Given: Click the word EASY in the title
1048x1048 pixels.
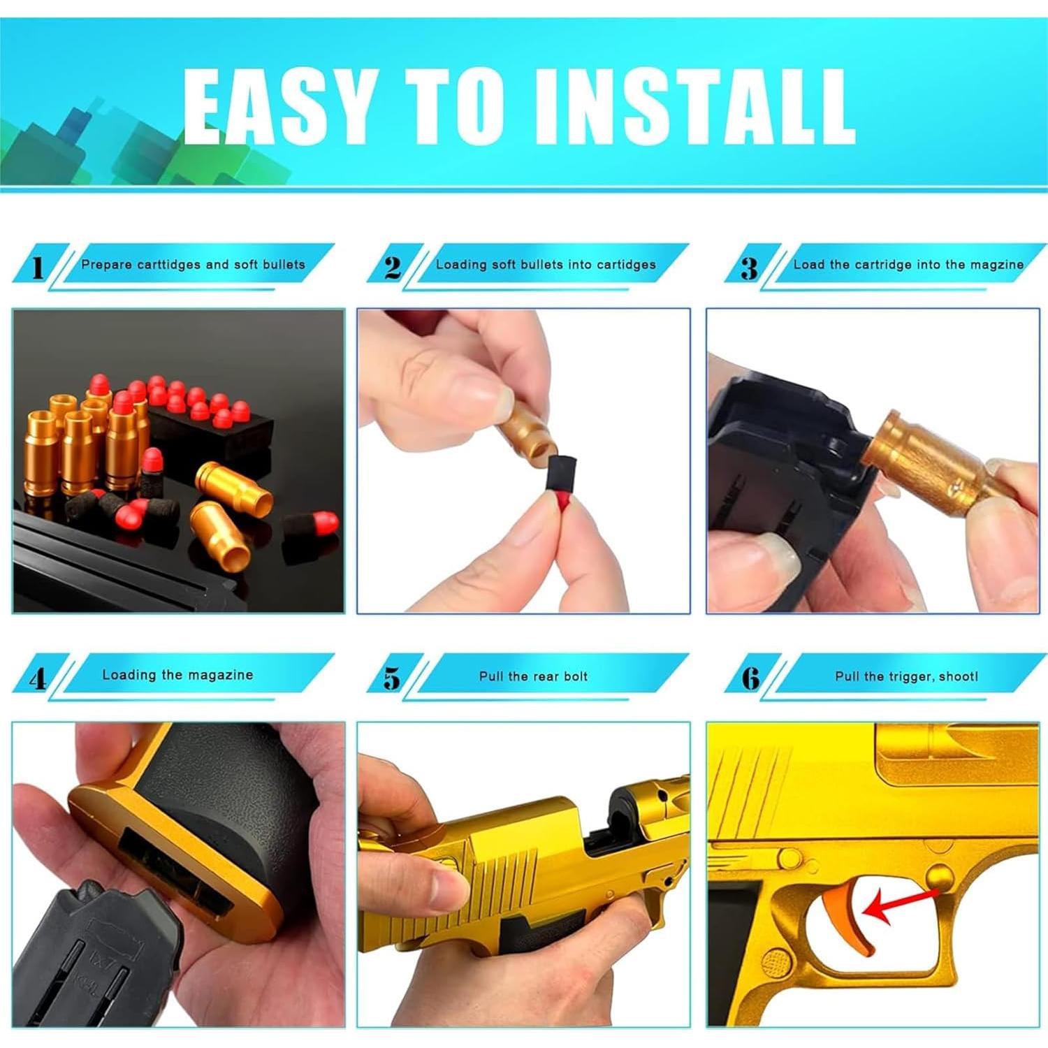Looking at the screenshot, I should click(x=277, y=107).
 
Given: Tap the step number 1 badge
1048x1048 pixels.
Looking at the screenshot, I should click(x=38, y=267).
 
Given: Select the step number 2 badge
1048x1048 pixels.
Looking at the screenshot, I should click(x=393, y=267).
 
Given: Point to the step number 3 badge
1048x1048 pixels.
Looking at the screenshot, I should click(x=749, y=267).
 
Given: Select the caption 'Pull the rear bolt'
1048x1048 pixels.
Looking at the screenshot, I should click(x=533, y=676).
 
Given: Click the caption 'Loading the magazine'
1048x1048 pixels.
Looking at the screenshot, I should click(x=177, y=675).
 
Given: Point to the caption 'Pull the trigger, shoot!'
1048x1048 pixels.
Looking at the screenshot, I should click(x=906, y=676).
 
